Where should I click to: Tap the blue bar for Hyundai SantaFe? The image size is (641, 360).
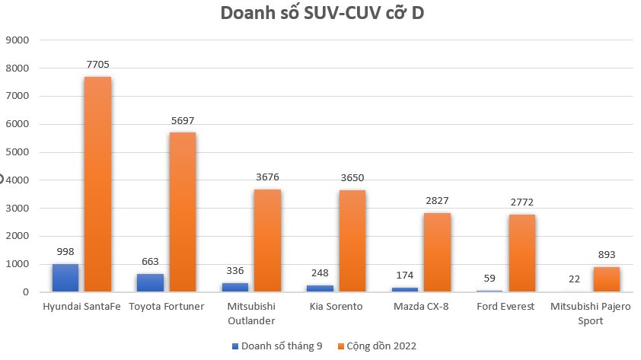point(65,278)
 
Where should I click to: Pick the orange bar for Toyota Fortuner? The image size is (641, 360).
point(183,212)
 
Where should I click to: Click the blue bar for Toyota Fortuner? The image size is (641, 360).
point(151,282)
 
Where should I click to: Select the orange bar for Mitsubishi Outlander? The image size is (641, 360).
point(267,241)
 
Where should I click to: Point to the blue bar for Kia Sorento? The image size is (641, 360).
point(320,288)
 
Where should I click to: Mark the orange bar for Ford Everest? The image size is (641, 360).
point(522,253)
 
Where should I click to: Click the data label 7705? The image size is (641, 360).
point(98,65)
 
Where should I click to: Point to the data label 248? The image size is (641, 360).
point(320,272)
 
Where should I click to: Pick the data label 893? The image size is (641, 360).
point(607,255)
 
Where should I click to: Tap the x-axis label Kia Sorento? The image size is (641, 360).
point(336,306)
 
